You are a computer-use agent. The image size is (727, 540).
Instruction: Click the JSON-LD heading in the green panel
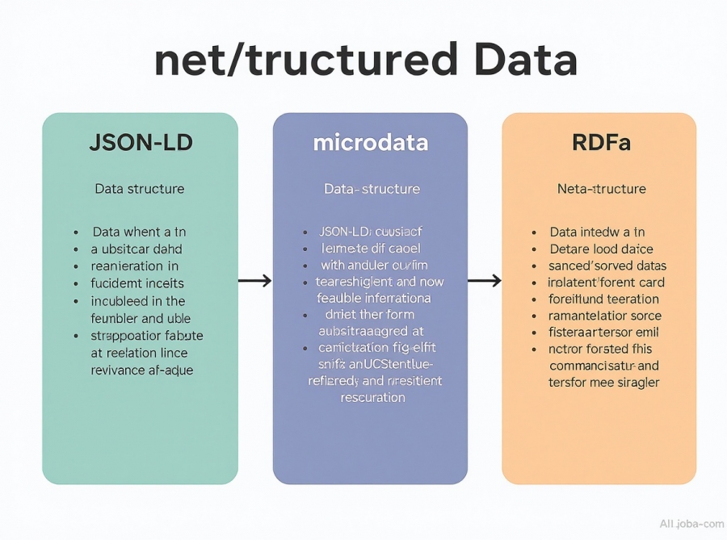(x=140, y=144)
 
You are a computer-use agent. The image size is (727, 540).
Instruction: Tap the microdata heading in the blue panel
(x=370, y=144)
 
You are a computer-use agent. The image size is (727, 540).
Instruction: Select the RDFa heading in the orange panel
(x=601, y=144)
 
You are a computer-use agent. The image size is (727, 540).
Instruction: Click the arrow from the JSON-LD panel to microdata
(x=254, y=281)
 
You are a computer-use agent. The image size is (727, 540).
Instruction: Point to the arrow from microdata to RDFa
(x=485, y=281)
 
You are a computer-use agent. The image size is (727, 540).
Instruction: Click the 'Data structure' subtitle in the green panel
(x=140, y=189)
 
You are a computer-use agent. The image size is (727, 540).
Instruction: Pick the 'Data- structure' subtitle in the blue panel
(x=372, y=189)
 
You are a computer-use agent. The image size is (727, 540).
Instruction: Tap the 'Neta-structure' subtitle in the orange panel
(x=602, y=189)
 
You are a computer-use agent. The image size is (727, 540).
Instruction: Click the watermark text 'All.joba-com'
(x=691, y=524)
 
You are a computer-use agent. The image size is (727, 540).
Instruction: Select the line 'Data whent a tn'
(x=139, y=232)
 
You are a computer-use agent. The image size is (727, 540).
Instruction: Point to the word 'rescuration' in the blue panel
(x=372, y=397)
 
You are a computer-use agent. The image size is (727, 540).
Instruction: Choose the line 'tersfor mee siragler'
(x=603, y=382)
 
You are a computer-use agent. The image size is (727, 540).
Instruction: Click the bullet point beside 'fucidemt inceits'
(x=74, y=283)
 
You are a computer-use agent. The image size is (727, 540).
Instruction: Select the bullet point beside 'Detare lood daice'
(x=534, y=249)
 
